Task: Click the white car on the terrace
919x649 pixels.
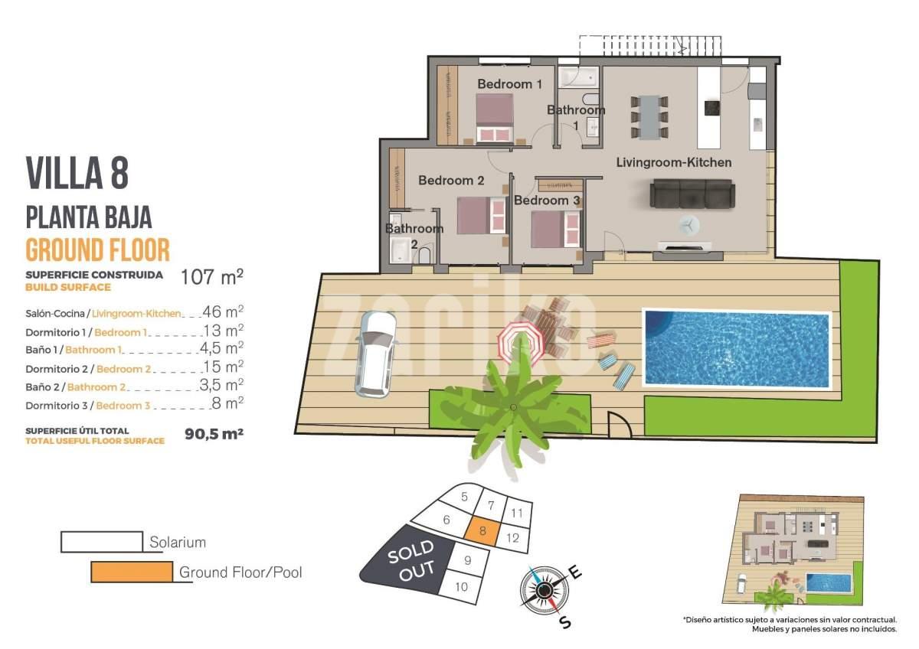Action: [376, 354]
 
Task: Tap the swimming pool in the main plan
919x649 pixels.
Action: [737, 349]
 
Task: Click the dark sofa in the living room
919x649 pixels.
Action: [692, 194]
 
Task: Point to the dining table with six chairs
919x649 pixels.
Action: [649, 117]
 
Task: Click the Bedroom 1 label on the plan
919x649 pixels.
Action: [509, 84]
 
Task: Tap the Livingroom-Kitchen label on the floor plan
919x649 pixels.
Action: [674, 162]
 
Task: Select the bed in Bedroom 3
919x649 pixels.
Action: [556, 229]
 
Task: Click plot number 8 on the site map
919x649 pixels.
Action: [482, 531]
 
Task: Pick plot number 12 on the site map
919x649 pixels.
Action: [512, 537]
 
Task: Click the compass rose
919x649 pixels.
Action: [545, 590]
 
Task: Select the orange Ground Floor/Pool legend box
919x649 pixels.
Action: [132, 572]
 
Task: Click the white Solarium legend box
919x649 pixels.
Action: [102, 542]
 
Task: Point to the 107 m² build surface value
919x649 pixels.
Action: [212, 277]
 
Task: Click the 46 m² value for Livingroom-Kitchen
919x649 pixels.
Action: [223, 311]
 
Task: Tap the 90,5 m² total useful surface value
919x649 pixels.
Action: [214, 434]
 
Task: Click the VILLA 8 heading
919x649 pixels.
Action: [77, 172]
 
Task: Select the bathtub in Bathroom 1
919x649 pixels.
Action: [578, 78]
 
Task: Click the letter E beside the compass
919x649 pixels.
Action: [575, 572]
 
